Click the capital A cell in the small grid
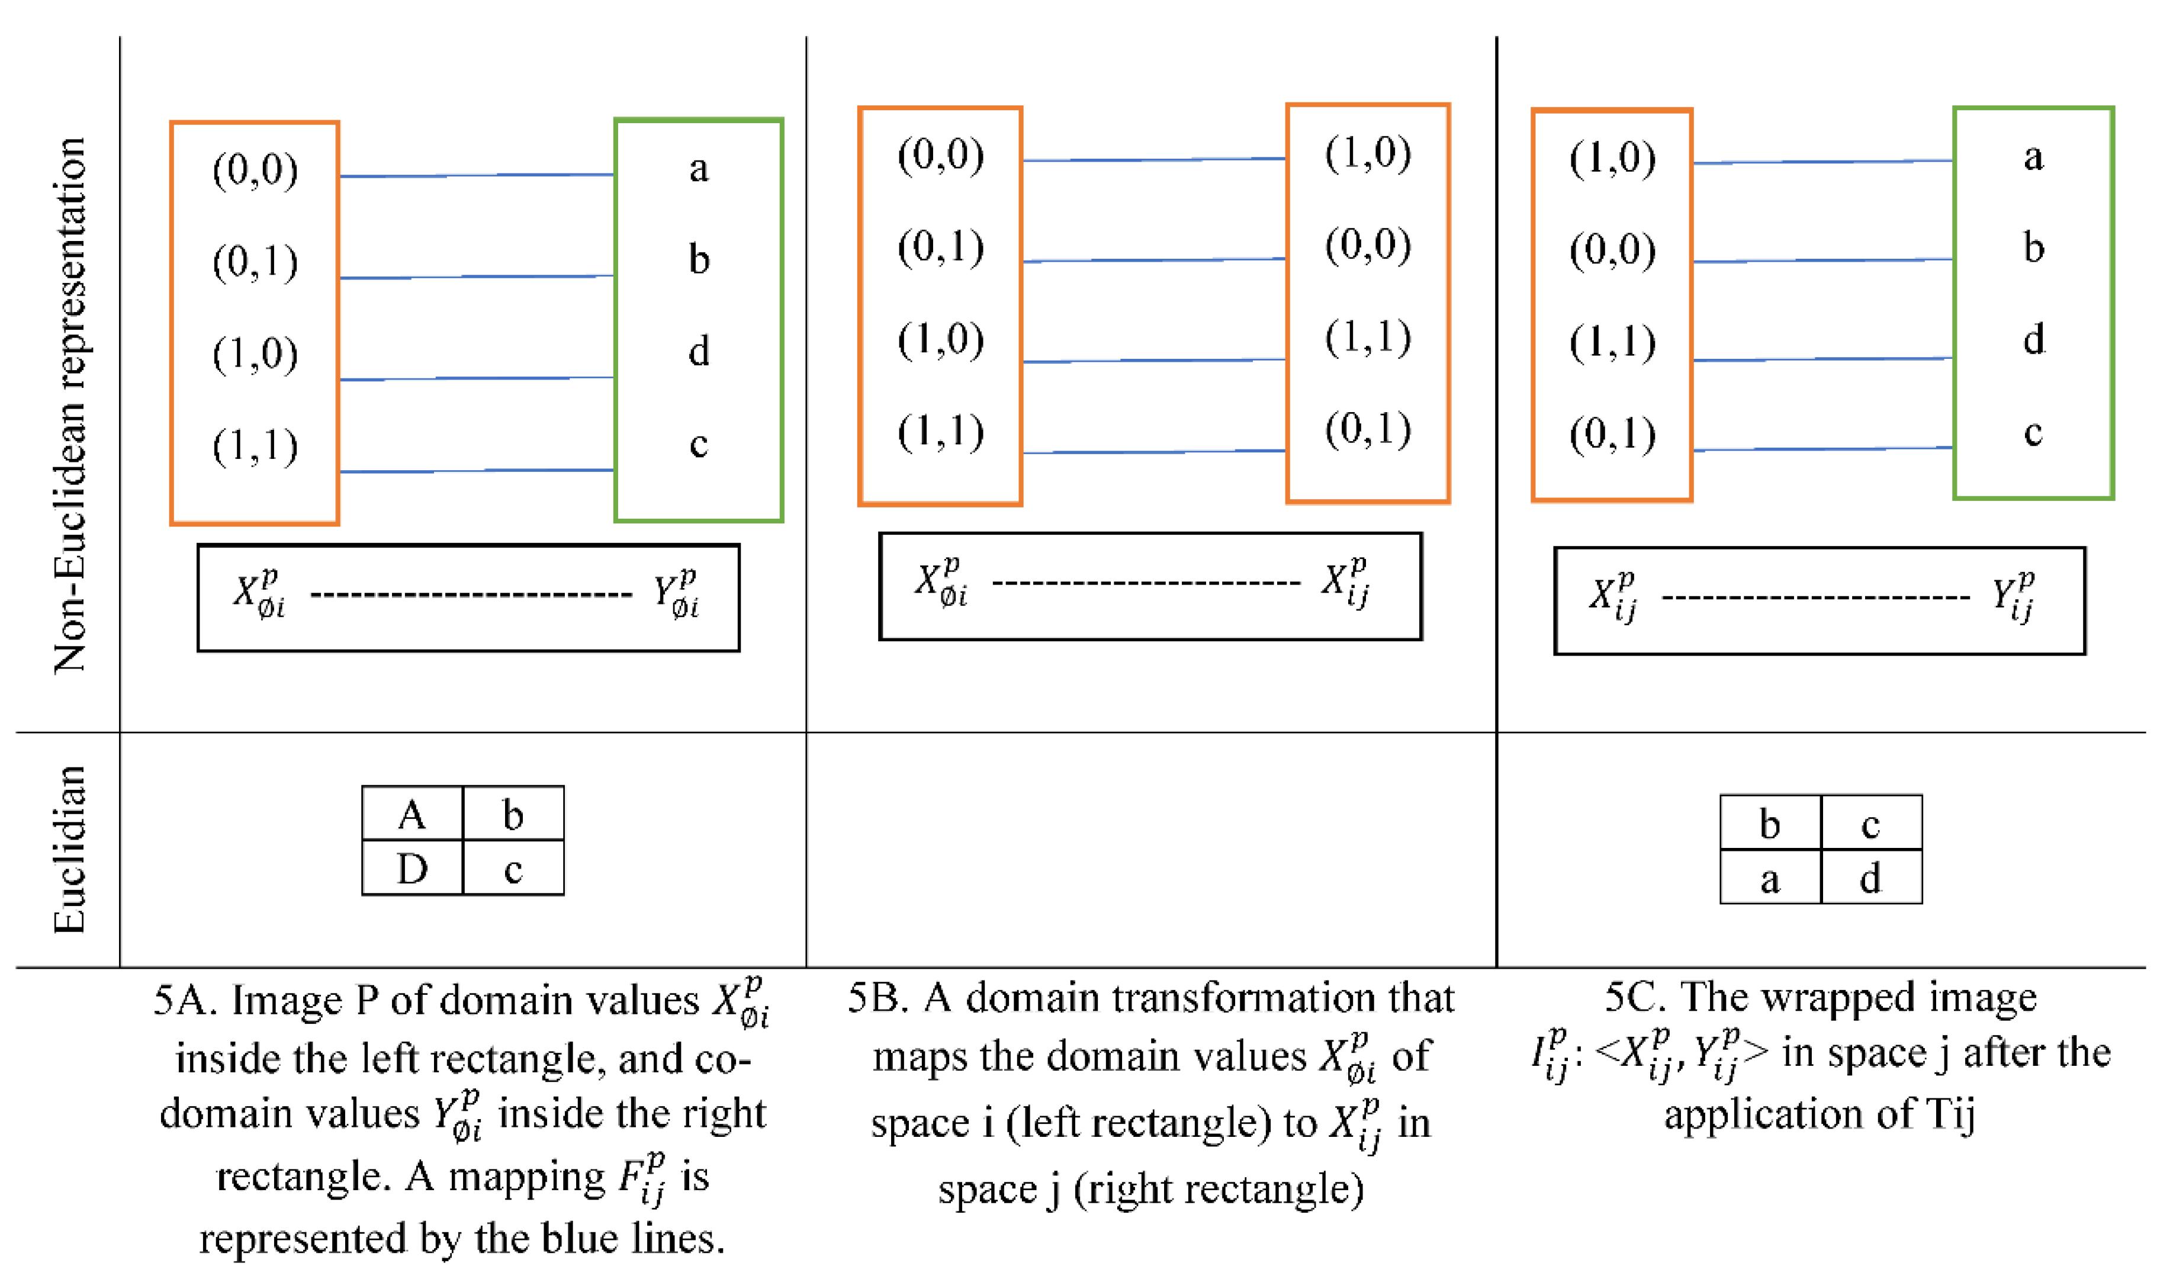(x=412, y=814)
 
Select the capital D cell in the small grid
(x=412, y=869)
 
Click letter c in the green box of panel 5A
(x=699, y=444)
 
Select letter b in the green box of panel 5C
(x=2033, y=248)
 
